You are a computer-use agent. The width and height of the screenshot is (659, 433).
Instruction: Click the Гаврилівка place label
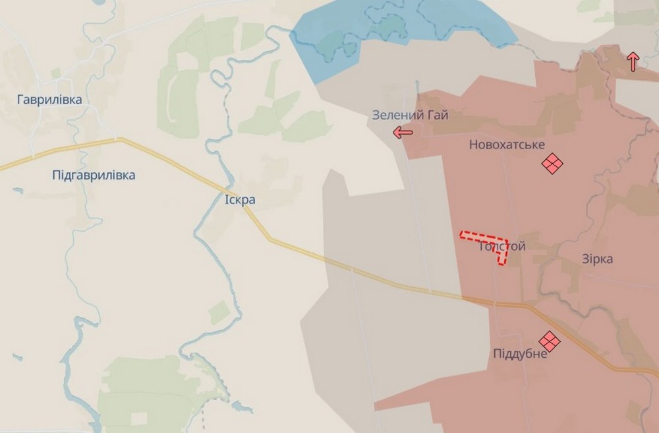[50, 100]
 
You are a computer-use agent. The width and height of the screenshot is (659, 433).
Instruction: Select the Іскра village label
[239, 199]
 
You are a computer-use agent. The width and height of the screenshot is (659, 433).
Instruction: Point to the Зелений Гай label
[410, 115]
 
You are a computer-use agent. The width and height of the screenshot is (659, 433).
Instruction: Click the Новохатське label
[507, 145]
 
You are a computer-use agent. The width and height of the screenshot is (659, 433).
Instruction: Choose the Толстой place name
[502, 246]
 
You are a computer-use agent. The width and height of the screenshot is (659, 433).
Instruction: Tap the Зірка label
[598, 259]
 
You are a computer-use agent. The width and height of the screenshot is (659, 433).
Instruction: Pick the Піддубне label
[520, 354]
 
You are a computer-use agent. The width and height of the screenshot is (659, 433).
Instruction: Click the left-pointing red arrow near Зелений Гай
[403, 133]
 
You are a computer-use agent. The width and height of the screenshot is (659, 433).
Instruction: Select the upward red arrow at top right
[633, 61]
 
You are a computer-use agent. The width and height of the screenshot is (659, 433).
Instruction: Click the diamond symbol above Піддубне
[548, 341]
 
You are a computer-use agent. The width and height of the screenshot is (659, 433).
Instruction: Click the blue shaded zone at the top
[402, 30]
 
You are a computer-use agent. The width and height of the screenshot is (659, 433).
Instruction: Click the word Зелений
[397, 115]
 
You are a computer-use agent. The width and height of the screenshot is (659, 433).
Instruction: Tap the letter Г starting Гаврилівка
[21, 100]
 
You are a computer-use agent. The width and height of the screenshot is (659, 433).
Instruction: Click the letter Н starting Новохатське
[473, 145]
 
